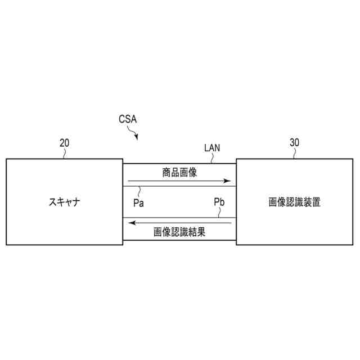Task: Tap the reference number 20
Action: pos(64,143)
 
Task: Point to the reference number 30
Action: pos(294,142)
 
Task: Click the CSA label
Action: pos(128,119)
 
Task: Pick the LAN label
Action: pos(212,148)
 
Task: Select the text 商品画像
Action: pos(179,172)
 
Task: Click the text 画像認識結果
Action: pos(179,231)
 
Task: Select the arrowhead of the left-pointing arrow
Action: pos(132,222)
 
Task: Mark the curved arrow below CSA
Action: pos(134,134)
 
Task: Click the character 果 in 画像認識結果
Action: pos(201,231)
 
